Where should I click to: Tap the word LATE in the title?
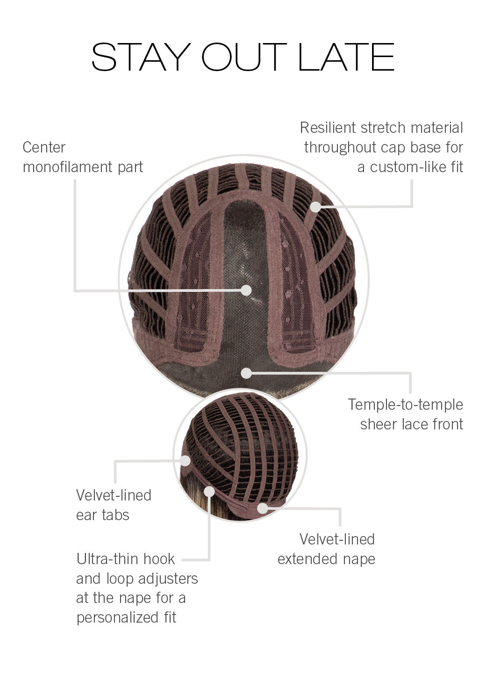[346, 58]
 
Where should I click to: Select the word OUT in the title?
[243, 58]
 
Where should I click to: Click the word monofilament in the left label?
[69, 167]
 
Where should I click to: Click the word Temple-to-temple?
[405, 405]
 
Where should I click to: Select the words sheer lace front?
[411, 424]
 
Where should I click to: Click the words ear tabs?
[102, 515]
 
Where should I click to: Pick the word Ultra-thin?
[107, 559]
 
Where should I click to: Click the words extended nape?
[326, 559]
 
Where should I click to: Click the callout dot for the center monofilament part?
[246, 290]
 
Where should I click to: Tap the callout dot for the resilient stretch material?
[316, 206]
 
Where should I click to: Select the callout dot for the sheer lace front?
[246, 373]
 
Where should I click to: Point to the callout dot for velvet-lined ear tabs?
[186, 461]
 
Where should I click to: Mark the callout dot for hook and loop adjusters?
[209, 492]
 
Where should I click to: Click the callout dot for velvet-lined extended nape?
[263, 508]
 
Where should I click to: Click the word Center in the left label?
[44, 147]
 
